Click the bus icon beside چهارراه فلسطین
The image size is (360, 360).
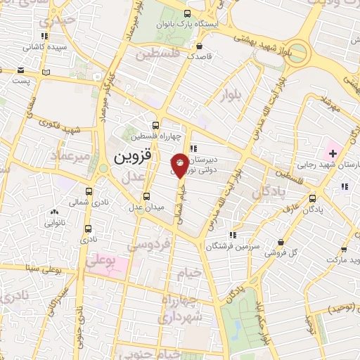point(155,125)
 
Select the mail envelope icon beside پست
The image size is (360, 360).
point(20,71)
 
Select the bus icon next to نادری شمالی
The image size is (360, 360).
point(89,191)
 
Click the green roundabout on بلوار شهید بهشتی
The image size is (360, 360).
point(299,51)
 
